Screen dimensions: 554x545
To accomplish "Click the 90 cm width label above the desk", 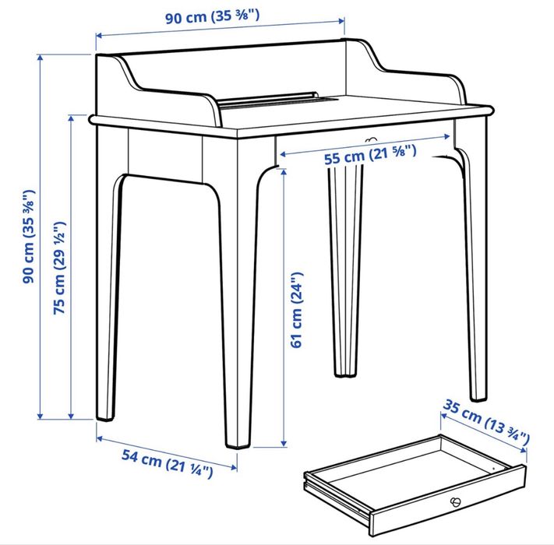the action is pyautogui.click(x=213, y=16).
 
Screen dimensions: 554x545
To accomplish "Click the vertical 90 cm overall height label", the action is pyautogui.click(x=29, y=237).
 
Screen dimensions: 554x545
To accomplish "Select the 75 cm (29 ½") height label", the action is pyautogui.click(x=59, y=268).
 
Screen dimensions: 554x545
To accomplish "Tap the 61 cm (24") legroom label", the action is pyautogui.click(x=297, y=310).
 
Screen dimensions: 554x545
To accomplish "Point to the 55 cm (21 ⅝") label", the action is pyautogui.click(x=370, y=154).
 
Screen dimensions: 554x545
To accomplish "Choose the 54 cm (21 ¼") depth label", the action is pyautogui.click(x=168, y=463).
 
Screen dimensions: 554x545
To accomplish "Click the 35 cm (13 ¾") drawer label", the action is pyautogui.click(x=486, y=422).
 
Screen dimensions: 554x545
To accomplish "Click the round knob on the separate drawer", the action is pyautogui.click(x=455, y=501).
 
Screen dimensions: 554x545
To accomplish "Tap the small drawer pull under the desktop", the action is pyautogui.click(x=370, y=139).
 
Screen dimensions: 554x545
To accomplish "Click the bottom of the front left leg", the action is pyautogui.click(x=105, y=417).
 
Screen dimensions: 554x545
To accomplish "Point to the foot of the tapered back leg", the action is pyautogui.click(x=344, y=374).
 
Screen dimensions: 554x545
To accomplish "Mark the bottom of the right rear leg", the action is pyautogui.click(x=478, y=398).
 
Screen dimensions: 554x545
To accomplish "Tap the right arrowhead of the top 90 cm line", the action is pyautogui.click(x=341, y=21).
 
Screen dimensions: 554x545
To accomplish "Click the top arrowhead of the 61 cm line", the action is pyautogui.click(x=284, y=172).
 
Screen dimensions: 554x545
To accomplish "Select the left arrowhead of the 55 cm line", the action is pyautogui.click(x=284, y=154).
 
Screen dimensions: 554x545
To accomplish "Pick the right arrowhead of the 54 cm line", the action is pyautogui.click(x=234, y=468).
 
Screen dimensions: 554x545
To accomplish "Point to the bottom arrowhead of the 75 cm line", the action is pyautogui.click(x=71, y=416).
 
